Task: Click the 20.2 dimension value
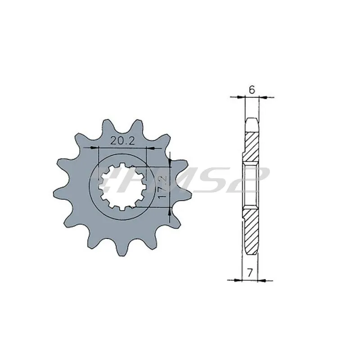pyautogui.click(x=122, y=140)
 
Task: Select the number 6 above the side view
pyautogui.click(x=252, y=90)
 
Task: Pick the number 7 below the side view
pyautogui.click(x=250, y=273)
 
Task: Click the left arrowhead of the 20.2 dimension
pyautogui.click(x=94, y=148)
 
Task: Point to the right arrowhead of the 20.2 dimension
pyautogui.click(x=150, y=149)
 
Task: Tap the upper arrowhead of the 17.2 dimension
pyautogui.click(x=170, y=163)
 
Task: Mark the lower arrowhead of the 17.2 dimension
pyautogui.click(x=170, y=211)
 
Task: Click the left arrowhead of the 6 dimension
pyautogui.click(x=242, y=97)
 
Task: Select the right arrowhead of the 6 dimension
pyautogui.click(x=263, y=98)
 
